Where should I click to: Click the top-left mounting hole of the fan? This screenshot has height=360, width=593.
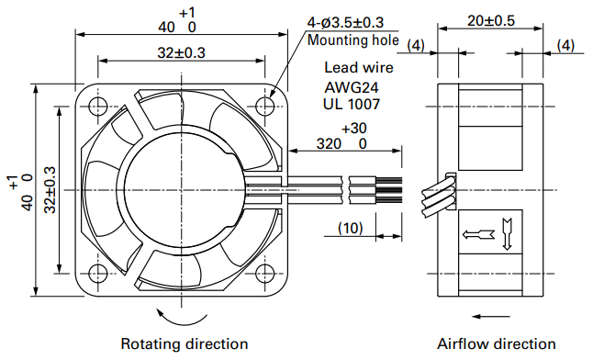click(x=97, y=107)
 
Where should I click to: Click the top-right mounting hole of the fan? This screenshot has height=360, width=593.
click(x=264, y=107)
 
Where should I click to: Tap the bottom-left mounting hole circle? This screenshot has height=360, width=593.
click(x=97, y=274)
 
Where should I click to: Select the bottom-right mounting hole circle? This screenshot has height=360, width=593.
click(x=264, y=274)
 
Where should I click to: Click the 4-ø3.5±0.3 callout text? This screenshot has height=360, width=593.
click(x=345, y=23)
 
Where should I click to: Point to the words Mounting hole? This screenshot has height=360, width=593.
click(x=352, y=39)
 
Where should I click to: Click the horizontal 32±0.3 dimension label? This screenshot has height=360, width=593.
click(x=181, y=52)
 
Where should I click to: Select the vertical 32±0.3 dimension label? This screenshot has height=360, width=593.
click(x=50, y=190)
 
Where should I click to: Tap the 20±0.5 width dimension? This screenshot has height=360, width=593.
click(x=491, y=21)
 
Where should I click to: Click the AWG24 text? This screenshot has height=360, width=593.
click(x=352, y=88)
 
